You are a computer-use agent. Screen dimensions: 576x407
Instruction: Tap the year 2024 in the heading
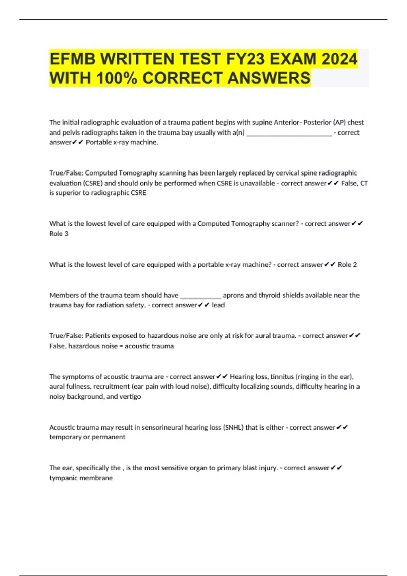pyautogui.click(x=339, y=59)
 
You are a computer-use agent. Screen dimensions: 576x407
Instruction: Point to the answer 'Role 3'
pyautogui.click(x=59, y=234)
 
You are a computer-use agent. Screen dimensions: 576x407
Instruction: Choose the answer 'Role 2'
pyautogui.click(x=347, y=265)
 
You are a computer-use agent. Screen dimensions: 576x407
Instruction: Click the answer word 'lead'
pyautogui.click(x=218, y=305)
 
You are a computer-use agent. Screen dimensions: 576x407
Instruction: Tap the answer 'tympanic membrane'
pyautogui.click(x=81, y=478)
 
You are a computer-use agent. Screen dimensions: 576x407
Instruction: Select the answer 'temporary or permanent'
pyautogui.click(x=87, y=437)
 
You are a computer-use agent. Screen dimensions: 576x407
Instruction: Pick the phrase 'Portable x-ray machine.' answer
pyautogui.click(x=122, y=142)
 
